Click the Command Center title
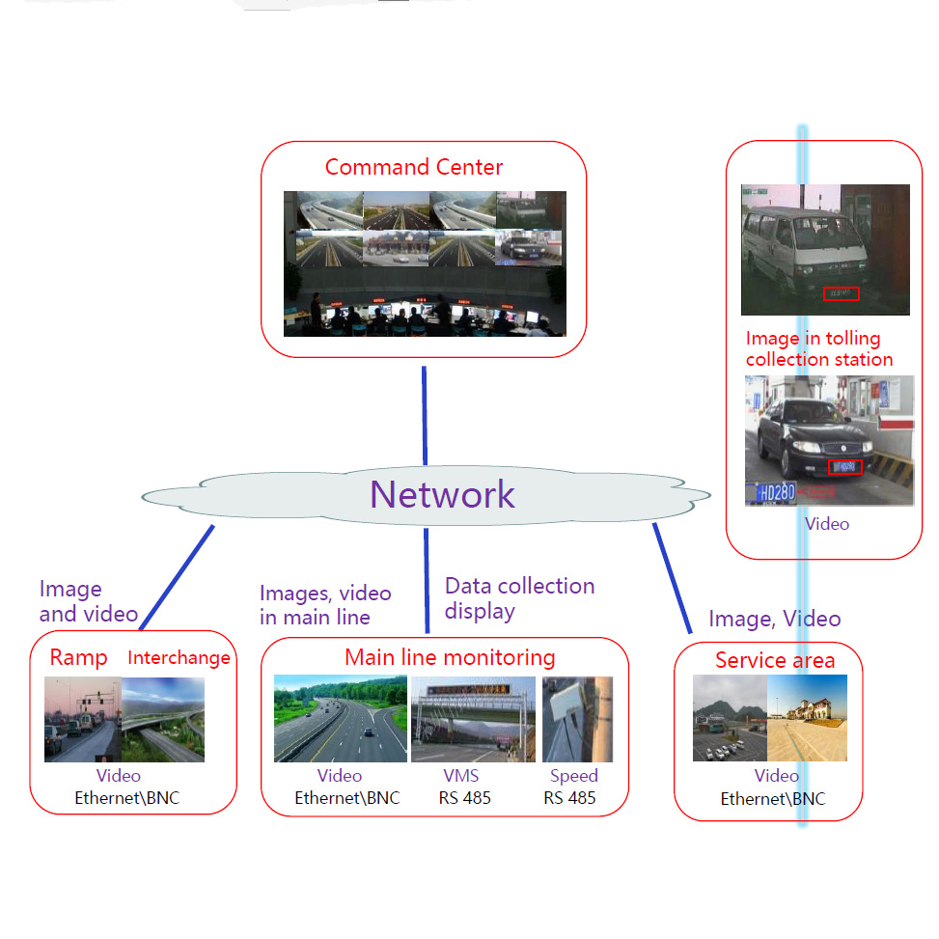(414, 167)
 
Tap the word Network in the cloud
(443, 494)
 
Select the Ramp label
(78, 658)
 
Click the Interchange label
(179, 658)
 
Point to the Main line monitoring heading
(450, 658)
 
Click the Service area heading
(775, 661)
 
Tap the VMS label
(460, 776)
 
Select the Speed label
(573, 776)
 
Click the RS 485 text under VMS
(464, 798)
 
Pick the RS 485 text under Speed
(569, 798)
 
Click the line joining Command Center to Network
(424, 415)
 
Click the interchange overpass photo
(163, 719)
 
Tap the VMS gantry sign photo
(473, 719)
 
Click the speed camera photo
(577, 719)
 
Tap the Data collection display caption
(519, 598)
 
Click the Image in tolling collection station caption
(818, 349)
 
